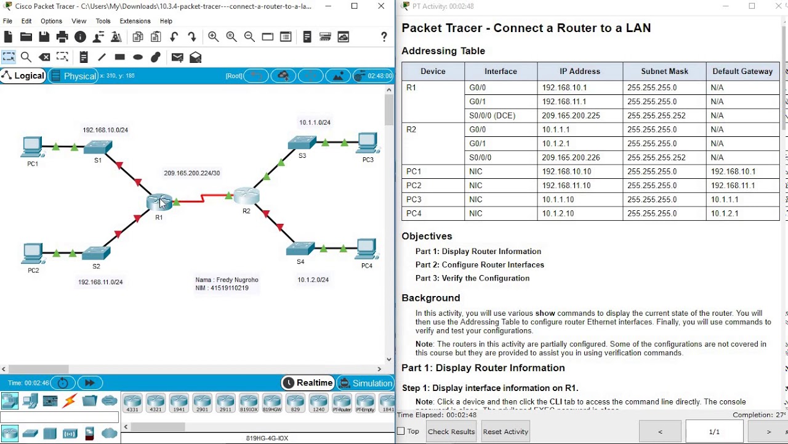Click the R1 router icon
(159, 202)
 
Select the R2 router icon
(246, 196)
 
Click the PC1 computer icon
(32, 147)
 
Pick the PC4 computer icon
(366, 249)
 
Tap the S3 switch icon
(302, 142)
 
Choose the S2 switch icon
(96, 253)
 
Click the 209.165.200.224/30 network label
(191, 173)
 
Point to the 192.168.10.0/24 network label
(105, 130)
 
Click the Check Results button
(451, 432)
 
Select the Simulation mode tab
(365, 383)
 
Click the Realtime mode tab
(308, 383)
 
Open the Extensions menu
(135, 21)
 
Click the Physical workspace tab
(73, 76)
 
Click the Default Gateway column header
(742, 72)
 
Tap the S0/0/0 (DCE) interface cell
(492, 116)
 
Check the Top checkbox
(401, 432)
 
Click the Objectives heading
(427, 236)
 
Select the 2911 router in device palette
(225, 403)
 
